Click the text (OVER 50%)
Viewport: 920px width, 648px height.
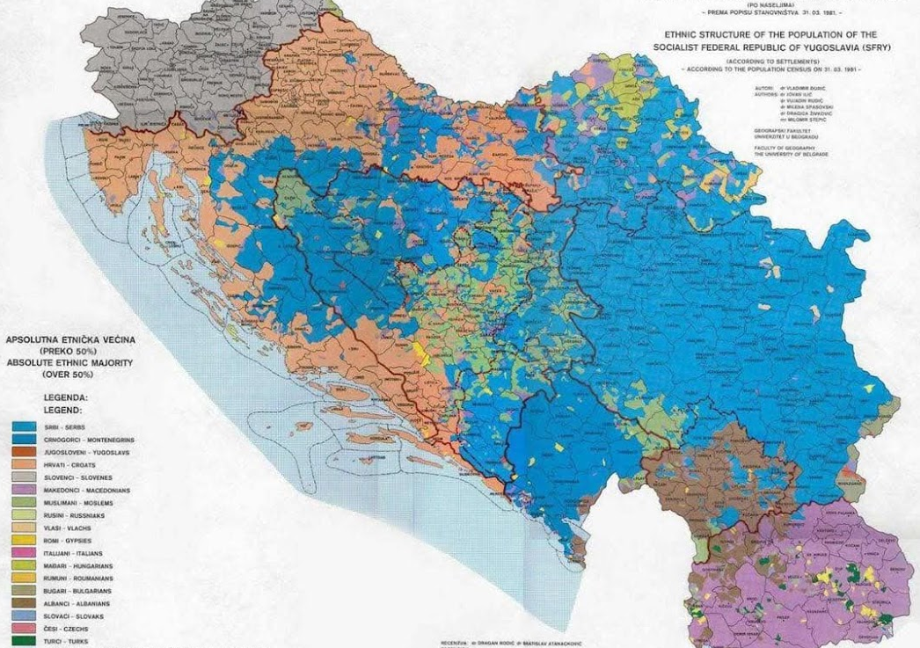click(x=68, y=375)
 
